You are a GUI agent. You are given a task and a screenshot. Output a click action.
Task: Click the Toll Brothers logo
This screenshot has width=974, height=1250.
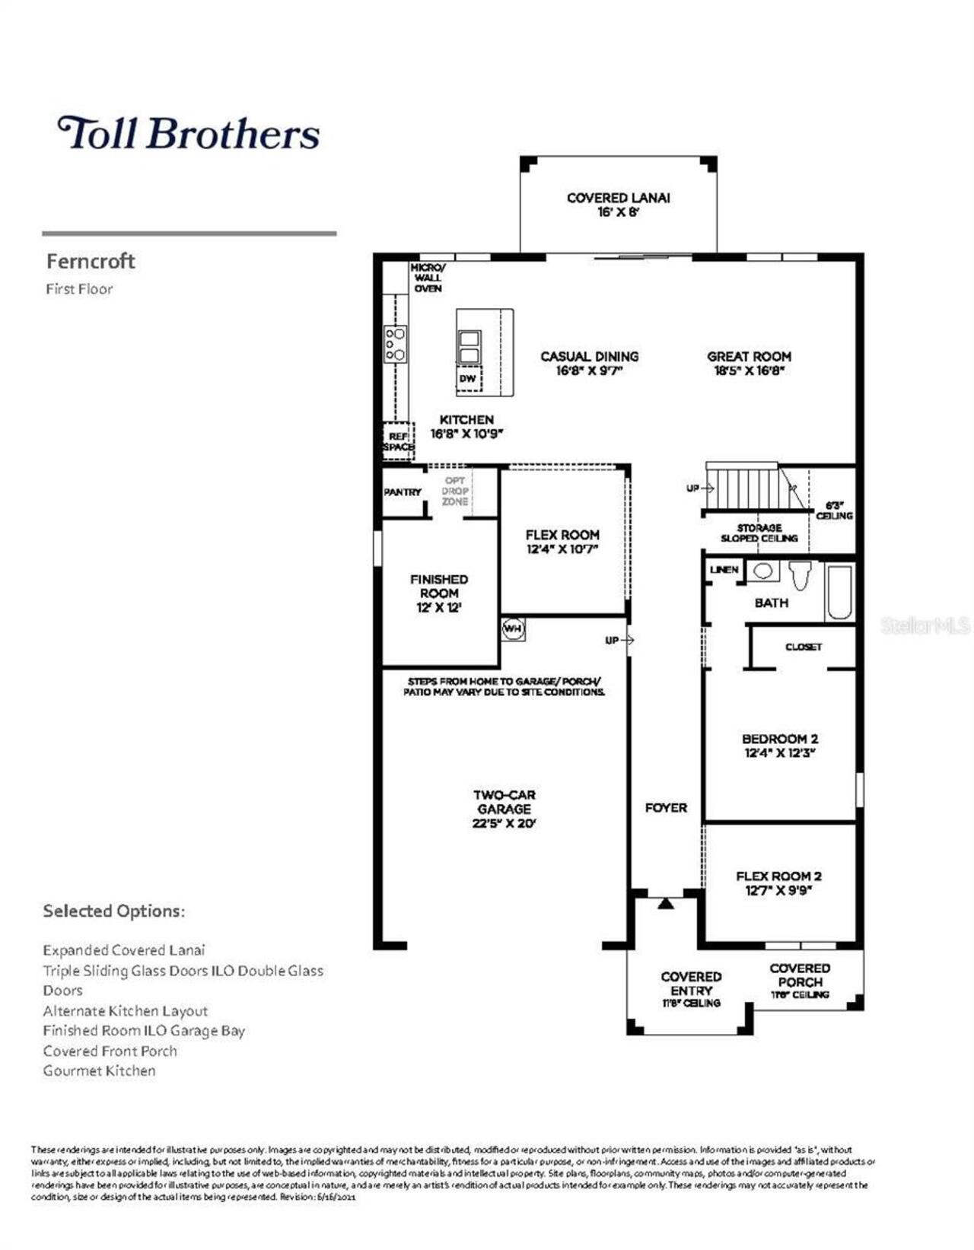pyautogui.click(x=188, y=133)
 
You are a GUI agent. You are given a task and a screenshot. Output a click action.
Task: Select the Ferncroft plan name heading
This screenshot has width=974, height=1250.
pyautogui.click(x=91, y=261)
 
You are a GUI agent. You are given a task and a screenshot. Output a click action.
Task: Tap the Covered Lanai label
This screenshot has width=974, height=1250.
pyautogui.click(x=618, y=204)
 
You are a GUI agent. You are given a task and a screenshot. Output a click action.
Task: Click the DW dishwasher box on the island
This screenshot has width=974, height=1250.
pyautogui.click(x=468, y=378)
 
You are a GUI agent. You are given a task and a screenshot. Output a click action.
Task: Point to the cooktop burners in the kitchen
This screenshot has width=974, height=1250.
pyautogui.click(x=396, y=344)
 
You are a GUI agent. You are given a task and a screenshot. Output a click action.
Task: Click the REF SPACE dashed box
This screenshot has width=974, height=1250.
pyautogui.click(x=397, y=441)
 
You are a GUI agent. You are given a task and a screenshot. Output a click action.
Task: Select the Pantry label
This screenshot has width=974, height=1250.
pyautogui.click(x=403, y=492)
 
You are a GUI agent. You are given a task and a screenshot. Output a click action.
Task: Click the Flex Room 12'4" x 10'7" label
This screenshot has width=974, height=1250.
pyautogui.click(x=562, y=541)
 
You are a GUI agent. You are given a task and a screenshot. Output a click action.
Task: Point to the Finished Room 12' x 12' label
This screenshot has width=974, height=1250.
pyautogui.click(x=439, y=593)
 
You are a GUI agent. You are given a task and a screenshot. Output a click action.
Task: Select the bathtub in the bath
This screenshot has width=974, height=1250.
pyautogui.click(x=840, y=592)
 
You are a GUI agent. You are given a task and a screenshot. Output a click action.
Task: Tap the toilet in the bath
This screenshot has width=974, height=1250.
pyautogui.click(x=799, y=574)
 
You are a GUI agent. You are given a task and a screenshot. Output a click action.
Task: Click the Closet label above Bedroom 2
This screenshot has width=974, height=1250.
pyautogui.click(x=804, y=647)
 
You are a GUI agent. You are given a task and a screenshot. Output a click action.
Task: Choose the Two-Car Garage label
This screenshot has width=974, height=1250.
pyautogui.click(x=504, y=808)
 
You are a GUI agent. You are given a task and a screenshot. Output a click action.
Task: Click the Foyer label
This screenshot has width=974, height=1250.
pyautogui.click(x=666, y=807)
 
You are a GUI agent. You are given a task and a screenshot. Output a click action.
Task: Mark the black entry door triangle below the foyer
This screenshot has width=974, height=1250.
pyautogui.click(x=666, y=904)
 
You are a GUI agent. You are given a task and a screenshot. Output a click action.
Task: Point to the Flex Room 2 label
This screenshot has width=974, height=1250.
pyautogui.click(x=778, y=883)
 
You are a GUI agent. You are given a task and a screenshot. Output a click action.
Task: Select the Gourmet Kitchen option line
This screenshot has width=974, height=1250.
pyautogui.click(x=99, y=1070)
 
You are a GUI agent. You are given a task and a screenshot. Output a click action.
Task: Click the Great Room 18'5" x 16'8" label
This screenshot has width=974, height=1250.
pyautogui.click(x=749, y=363)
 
